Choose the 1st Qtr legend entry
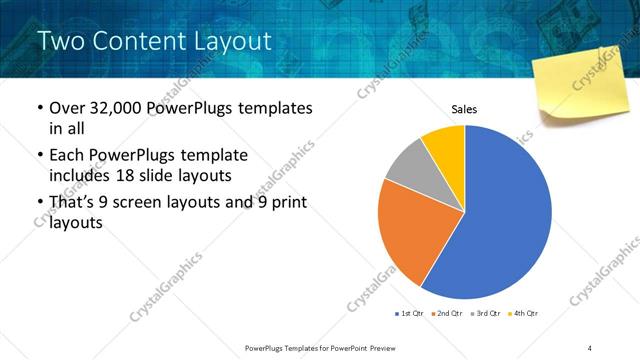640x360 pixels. (x=410, y=314)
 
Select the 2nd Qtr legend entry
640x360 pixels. (x=448, y=314)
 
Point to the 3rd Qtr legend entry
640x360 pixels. (x=486, y=314)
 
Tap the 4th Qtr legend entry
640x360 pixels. (x=523, y=314)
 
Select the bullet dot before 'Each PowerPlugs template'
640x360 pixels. (x=39, y=156)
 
